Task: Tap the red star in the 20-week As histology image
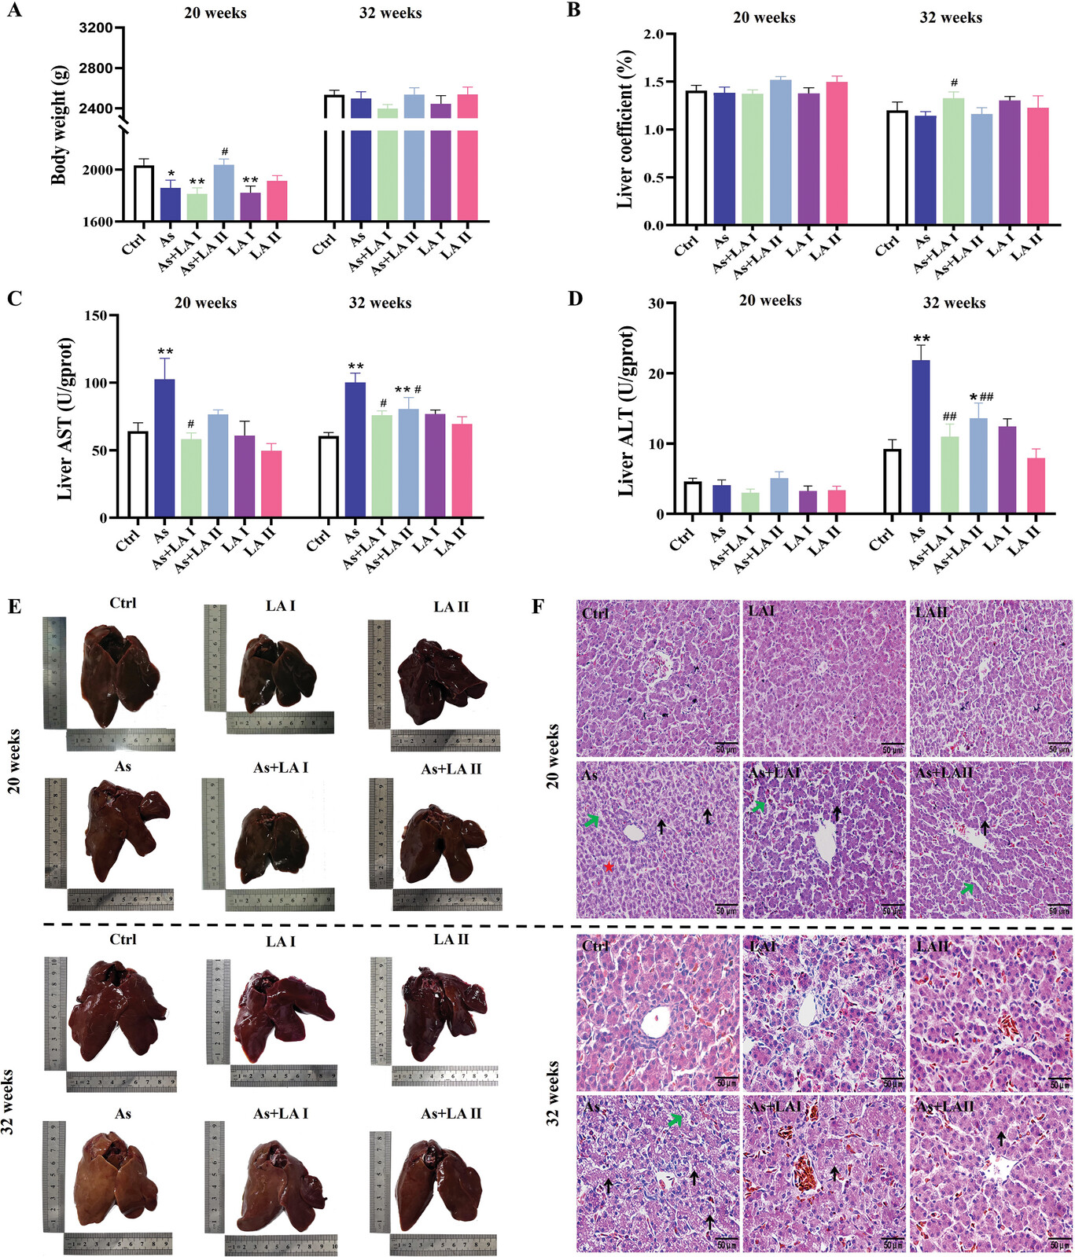click(609, 866)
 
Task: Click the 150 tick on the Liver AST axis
click(96, 315)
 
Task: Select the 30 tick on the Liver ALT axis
click(653, 303)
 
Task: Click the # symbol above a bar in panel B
click(954, 83)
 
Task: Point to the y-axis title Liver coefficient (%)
click(625, 130)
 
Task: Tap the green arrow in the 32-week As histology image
click(675, 1120)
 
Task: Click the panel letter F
click(539, 607)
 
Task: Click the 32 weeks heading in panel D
click(953, 303)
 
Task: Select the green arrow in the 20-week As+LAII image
click(967, 888)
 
